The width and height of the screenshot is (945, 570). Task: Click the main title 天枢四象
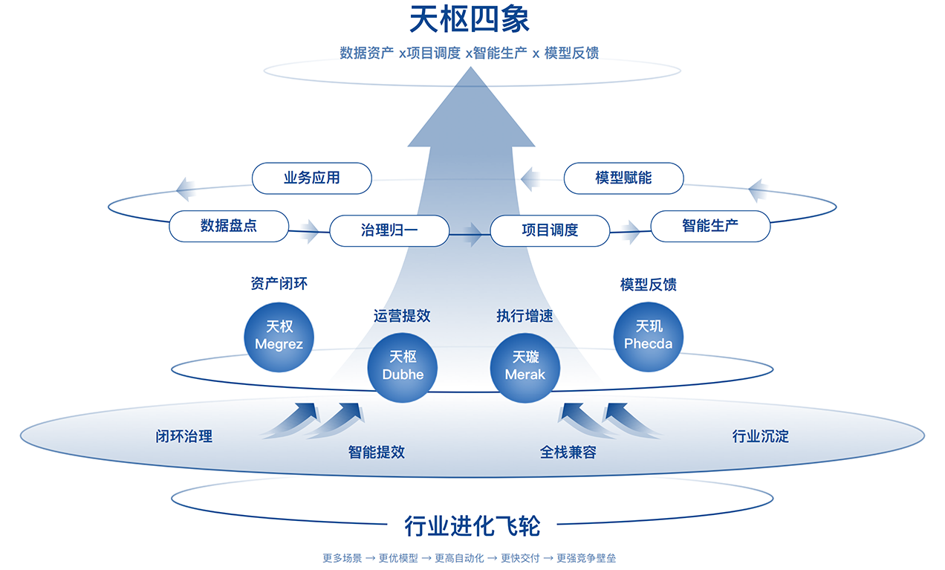470,19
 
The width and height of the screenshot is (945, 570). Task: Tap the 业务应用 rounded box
311,178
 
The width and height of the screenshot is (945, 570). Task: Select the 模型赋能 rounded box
623,178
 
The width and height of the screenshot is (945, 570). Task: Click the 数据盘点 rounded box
228,226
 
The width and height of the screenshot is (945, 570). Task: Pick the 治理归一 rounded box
389,230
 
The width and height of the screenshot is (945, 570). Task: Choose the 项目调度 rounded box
549,230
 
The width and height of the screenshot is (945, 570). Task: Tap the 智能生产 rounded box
710,226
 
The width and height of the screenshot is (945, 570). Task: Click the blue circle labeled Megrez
279,337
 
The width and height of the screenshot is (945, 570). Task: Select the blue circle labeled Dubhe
403,367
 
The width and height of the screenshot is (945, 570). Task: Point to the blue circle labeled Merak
525,367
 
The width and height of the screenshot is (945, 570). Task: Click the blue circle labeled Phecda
648,337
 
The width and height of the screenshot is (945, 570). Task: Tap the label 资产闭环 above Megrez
279,284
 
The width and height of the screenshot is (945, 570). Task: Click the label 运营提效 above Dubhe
402,316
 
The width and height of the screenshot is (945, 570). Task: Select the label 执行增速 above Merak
525,316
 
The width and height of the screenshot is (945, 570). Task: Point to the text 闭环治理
184,436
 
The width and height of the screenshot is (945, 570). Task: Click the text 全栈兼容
568,452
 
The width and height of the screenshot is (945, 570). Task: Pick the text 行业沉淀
760,436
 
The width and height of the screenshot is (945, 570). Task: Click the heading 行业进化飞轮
472,526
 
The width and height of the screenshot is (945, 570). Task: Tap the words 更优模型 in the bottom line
398,558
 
